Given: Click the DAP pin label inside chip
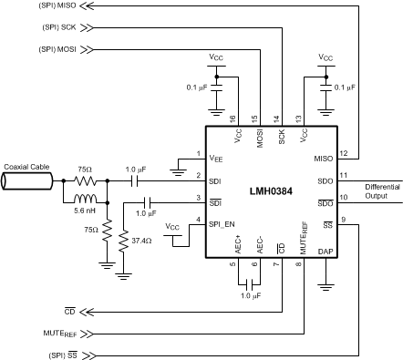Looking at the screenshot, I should point(325,250).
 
